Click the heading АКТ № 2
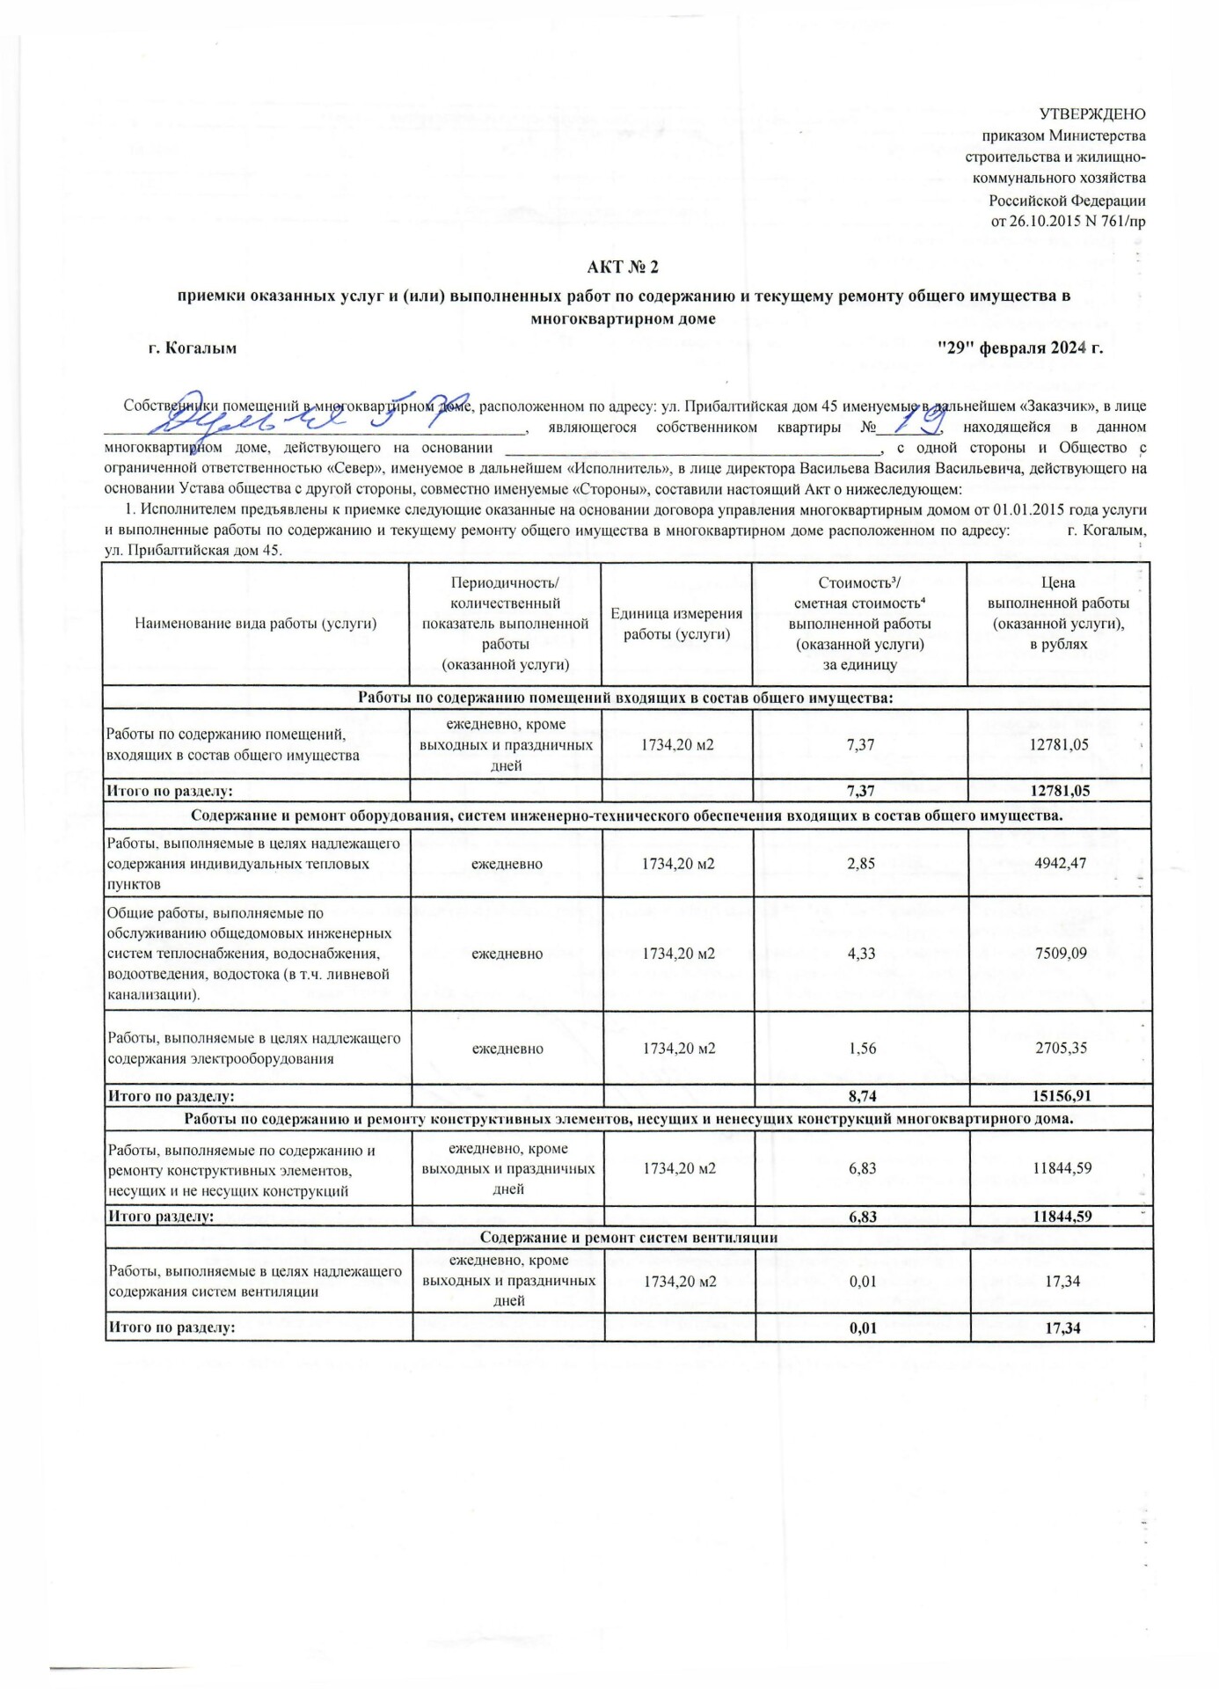(623, 267)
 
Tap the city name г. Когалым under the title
(193, 347)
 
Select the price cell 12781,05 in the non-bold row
(1059, 745)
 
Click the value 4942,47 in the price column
(1061, 863)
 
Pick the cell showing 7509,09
(1061, 954)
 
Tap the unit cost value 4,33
(861, 954)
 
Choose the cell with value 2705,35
(1061, 1049)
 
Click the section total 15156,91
(1061, 1096)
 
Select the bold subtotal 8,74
(862, 1096)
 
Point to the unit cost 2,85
(861, 864)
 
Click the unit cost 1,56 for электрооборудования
(862, 1049)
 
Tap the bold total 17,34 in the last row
(1062, 1328)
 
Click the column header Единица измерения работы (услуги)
(676, 624)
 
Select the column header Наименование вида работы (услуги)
(255, 624)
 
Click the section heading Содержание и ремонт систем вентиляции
(628, 1238)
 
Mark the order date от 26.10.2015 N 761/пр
(1068, 222)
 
